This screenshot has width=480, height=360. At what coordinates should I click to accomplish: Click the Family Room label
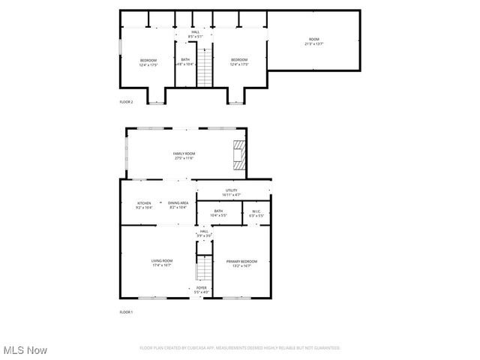coord(184,155)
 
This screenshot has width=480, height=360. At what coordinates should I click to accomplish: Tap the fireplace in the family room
coord(238,152)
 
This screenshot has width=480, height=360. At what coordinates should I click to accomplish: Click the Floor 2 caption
coord(126,101)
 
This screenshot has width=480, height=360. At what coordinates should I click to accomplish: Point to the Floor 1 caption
coord(126,311)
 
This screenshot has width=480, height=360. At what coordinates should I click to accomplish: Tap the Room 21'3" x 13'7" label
coord(313,41)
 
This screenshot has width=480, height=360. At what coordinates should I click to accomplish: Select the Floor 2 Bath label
coord(185,61)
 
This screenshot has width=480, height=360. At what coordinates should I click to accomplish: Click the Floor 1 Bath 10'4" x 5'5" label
coord(218,213)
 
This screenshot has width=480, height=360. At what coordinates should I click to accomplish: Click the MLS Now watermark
coord(25,350)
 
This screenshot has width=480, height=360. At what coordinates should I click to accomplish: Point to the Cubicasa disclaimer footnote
coord(240,348)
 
